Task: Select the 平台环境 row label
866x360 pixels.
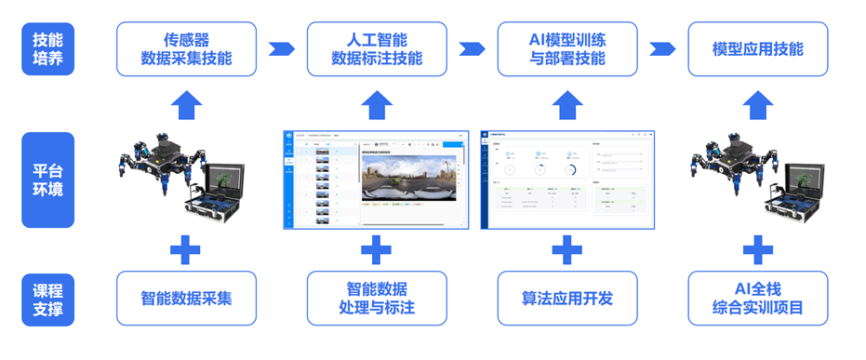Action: coord(47,180)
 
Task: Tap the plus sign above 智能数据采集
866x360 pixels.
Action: coord(186,249)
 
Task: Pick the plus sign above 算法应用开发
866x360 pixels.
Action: coord(567,249)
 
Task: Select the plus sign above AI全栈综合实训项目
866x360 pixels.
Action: coord(758,249)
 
